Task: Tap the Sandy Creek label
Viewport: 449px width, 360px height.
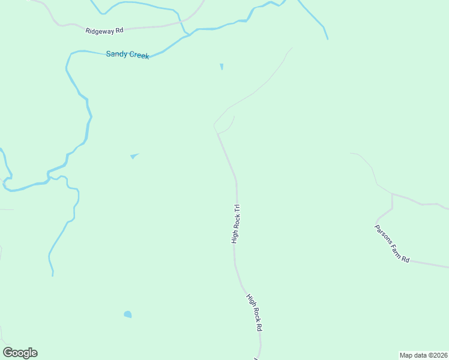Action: [127, 55]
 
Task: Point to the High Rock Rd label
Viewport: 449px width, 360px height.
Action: [255, 313]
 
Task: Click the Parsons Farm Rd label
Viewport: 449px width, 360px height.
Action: [392, 244]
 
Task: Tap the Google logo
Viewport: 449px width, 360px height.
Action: [20, 353]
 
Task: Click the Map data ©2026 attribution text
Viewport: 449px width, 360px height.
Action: [424, 355]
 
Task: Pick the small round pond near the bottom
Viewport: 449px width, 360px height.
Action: [127, 314]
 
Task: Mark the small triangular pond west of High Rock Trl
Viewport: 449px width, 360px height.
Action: [134, 157]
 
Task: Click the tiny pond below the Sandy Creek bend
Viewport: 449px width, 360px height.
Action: [221, 66]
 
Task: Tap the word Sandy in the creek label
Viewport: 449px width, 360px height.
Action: [116, 54]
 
